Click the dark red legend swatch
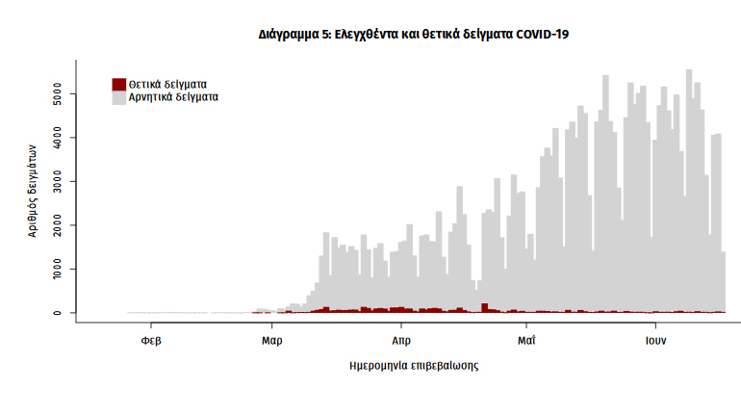[119, 84]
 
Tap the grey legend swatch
[119, 97]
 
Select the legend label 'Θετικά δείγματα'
[167, 84]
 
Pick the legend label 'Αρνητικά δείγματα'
[173, 97]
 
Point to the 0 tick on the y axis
[59, 313]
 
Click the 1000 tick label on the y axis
[59, 269]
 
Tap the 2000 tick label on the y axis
[59, 225]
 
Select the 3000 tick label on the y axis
[59, 182]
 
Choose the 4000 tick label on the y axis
[59, 139]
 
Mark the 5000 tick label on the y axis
[59, 95]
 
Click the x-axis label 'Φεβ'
[150, 340]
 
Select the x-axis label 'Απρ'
[401, 340]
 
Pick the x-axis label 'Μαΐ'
[526, 340]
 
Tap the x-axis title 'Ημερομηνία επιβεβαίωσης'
[414, 366]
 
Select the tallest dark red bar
[485, 307]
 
